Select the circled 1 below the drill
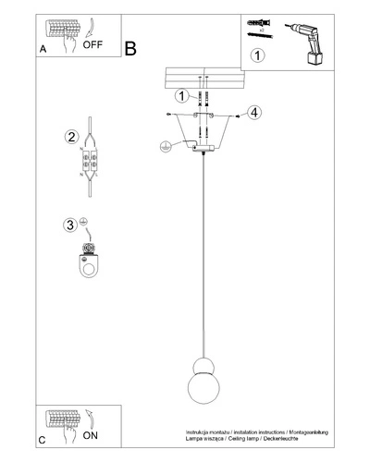click(258, 55)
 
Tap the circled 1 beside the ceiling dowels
click(182, 94)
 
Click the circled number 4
click(254, 114)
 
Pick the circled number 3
click(70, 225)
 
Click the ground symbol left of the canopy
click(165, 145)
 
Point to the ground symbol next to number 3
click(84, 223)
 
